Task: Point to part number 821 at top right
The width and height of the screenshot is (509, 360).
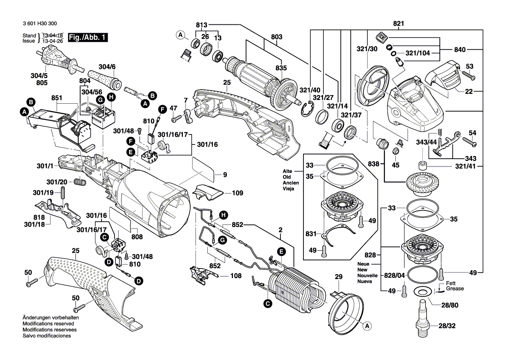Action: coord(398,23)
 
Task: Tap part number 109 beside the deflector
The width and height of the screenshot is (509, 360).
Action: coord(237,193)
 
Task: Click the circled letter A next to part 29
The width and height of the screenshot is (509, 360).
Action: coord(367,326)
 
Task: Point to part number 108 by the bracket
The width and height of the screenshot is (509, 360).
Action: coord(236,275)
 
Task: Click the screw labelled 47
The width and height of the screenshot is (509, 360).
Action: coord(176,118)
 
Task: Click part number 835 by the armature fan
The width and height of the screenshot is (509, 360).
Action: coord(281,68)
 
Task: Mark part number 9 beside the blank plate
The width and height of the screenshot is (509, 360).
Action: coord(225,175)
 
